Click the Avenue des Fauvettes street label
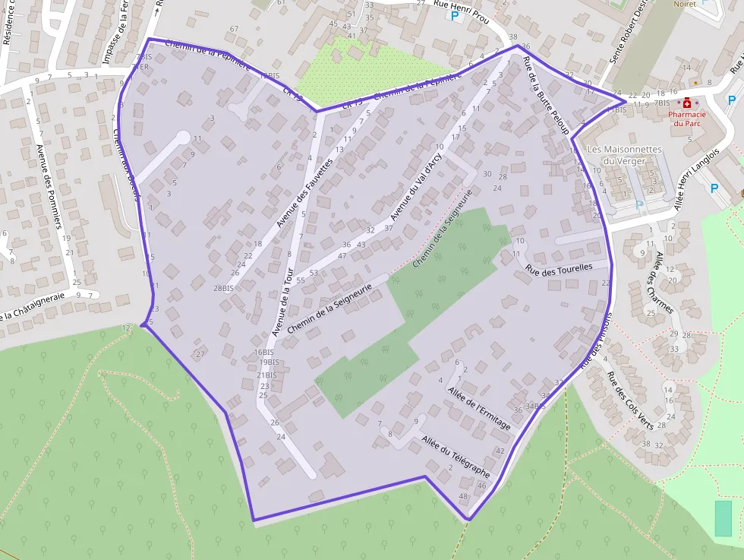pyautogui.click(x=305, y=193)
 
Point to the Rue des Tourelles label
pyautogui.click(x=558, y=267)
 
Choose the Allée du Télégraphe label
pyautogui.click(x=456, y=456)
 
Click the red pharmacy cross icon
pyautogui.click(x=687, y=103)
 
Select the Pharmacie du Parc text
pyautogui.click(x=687, y=119)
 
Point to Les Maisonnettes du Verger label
pyautogui.click(x=625, y=155)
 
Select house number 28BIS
pyautogui.click(x=223, y=288)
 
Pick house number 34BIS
pyautogui.click(x=535, y=406)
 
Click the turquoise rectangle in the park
pyautogui.click(x=724, y=518)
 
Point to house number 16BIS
pyautogui.click(x=264, y=352)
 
